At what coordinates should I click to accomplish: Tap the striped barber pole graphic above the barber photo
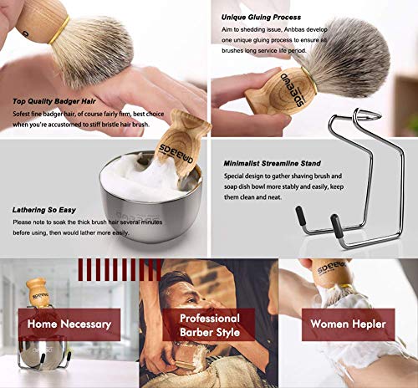click(x=114, y=268)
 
